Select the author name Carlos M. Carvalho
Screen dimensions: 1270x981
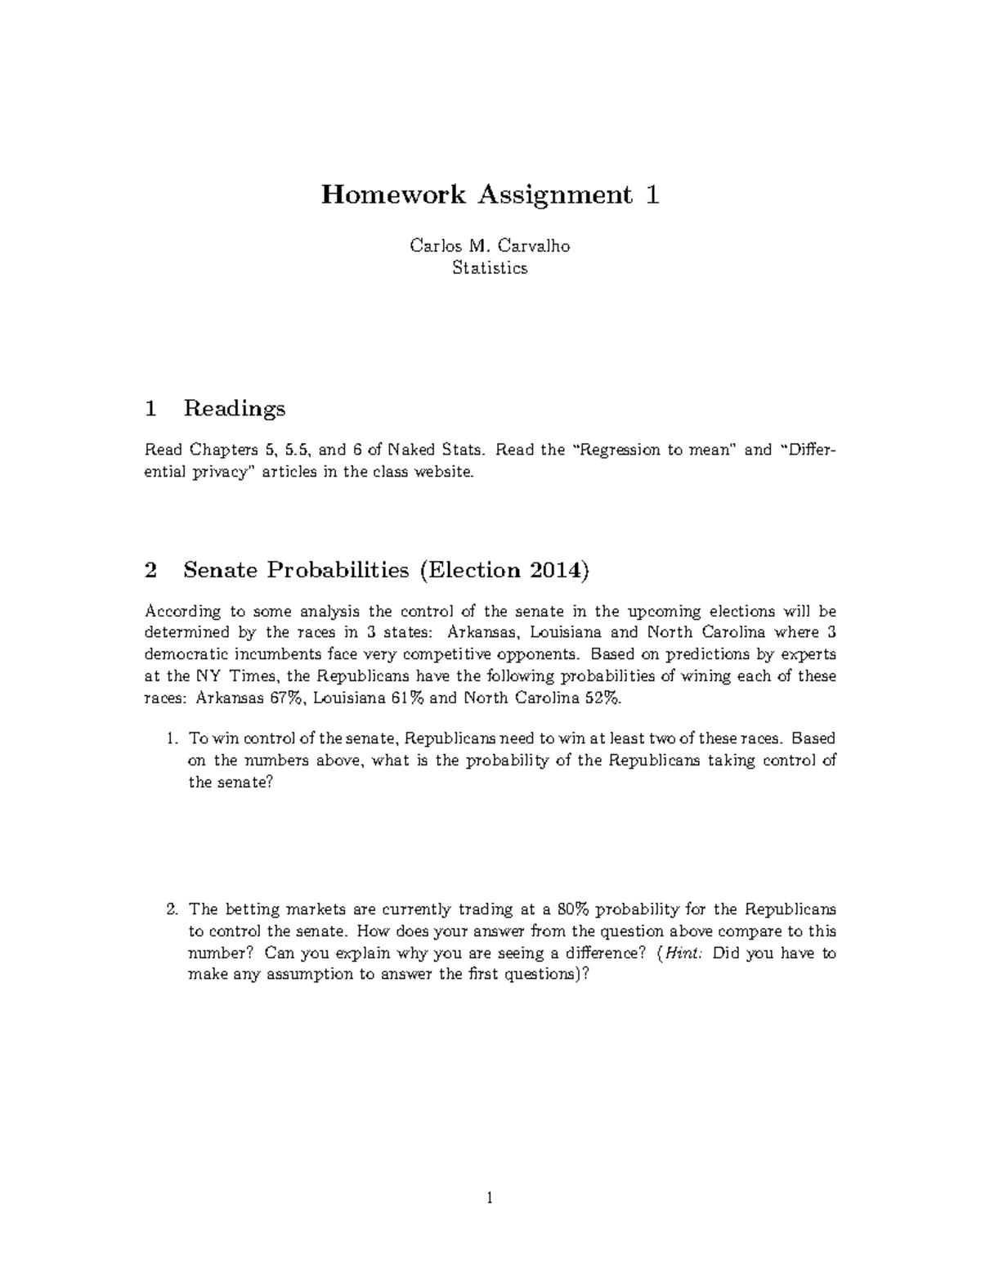pos(490,245)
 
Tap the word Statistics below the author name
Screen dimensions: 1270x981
pos(490,267)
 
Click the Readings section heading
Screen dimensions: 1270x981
pos(234,408)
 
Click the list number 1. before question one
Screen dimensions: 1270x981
pos(171,738)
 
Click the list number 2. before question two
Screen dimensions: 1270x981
pos(171,909)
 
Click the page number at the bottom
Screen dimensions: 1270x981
pos(490,1199)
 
